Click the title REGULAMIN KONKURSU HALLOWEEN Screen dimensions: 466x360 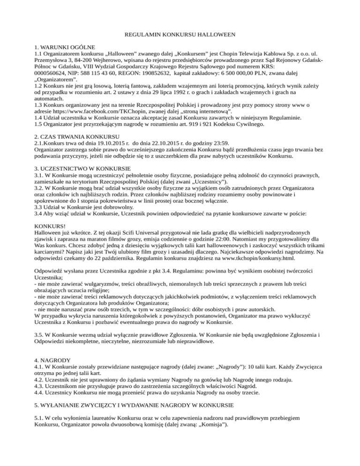pos(180,35)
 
